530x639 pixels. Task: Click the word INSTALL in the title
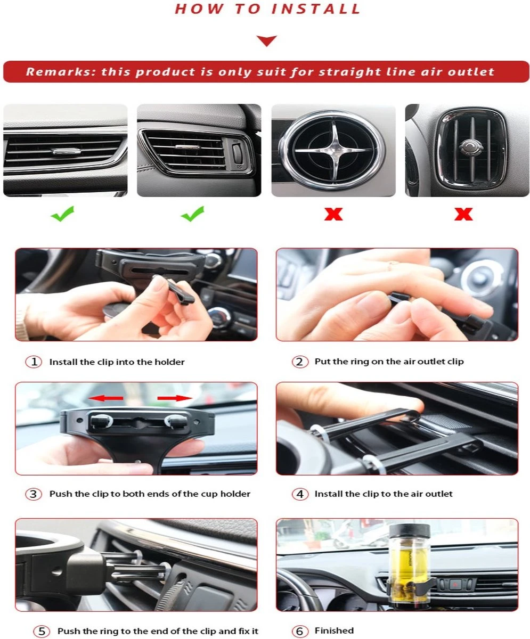coord(316,9)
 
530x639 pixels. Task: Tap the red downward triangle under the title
coord(266,40)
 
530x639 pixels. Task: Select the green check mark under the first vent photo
coord(62,214)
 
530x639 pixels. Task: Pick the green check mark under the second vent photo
coord(193,214)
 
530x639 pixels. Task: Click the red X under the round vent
coord(333,214)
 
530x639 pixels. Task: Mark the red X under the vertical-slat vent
coord(463,214)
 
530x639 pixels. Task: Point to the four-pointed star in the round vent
coord(333,150)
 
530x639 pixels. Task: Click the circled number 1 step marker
coord(34,362)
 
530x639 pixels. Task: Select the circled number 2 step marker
coord(300,362)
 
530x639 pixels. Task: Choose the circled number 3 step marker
coord(34,494)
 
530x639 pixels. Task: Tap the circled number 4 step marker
coord(300,494)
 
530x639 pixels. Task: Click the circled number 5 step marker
coord(42,631)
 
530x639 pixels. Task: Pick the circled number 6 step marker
coord(300,631)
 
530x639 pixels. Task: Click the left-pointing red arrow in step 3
coord(105,398)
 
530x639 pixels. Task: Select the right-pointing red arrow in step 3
coord(175,398)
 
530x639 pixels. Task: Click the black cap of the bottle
coord(410,533)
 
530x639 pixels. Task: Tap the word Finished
coord(334,630)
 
